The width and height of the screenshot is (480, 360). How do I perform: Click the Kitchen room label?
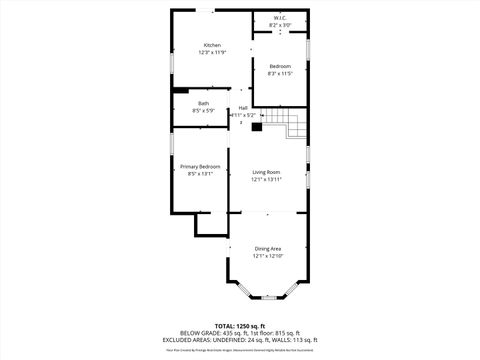[212, 45]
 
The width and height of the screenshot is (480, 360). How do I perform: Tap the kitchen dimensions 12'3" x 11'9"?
[212, 52]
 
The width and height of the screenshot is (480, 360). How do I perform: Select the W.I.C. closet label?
[279, 17]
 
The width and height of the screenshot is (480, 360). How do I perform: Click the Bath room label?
[203, 103]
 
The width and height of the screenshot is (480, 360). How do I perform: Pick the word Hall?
[243, 108]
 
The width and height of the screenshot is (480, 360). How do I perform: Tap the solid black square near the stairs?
[256, 126]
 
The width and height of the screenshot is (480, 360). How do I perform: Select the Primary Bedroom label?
[200, 166]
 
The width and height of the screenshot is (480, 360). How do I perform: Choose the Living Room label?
[266, 172]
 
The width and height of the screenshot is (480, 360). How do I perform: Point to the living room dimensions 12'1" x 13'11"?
[266, 180]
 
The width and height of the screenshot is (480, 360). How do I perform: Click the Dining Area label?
[267, 249]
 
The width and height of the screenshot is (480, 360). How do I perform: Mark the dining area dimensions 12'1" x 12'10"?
[267, 256]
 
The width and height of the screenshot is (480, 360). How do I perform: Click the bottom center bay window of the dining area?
[267, 298]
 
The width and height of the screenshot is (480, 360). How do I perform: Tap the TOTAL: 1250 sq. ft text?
[240, 326]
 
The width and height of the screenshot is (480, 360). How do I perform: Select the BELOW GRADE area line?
[240, 333]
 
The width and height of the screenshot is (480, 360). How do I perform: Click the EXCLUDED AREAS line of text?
[240, 340]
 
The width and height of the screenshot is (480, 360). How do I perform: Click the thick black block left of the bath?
[180, 90]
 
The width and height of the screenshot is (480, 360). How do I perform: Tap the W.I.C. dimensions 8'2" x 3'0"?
[279, 24]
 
